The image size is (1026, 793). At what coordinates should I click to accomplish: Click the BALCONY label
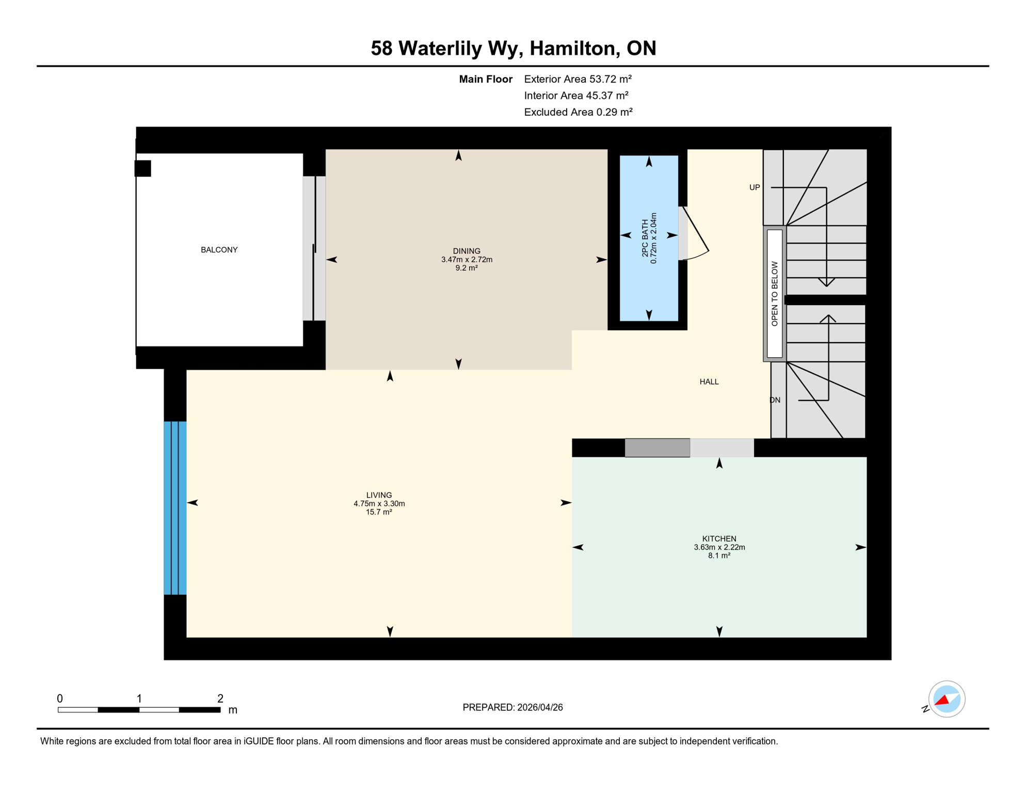click(219, 250)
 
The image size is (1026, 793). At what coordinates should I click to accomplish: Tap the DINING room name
click(467, 251)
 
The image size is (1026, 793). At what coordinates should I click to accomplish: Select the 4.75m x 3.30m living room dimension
click(379, 503)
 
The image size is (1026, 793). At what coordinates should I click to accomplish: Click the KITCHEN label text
click(719, 538)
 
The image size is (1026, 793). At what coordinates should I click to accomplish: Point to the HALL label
click(709, 382)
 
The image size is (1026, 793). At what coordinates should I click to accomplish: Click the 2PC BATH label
click(645, 238)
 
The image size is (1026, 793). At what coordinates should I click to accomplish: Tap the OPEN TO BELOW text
click(774, 293)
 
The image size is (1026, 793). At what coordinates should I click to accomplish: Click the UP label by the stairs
click(754, 187)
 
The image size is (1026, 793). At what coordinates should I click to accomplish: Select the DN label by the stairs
click(775, 400)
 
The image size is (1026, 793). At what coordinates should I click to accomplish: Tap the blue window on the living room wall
click(175, 508)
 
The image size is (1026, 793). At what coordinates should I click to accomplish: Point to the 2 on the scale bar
click(220, 699)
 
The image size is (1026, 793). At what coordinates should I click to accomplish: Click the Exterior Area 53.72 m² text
click(578, 79)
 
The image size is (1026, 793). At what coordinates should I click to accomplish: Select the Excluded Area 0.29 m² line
click(578, 112)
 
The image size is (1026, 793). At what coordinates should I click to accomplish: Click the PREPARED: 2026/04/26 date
click(512, 707)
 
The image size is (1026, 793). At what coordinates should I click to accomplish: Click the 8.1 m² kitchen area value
click(719, 556)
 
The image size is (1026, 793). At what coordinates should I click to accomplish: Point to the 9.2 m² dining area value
click(467, 268)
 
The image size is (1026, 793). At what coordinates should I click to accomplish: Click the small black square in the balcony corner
click(143, 168)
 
